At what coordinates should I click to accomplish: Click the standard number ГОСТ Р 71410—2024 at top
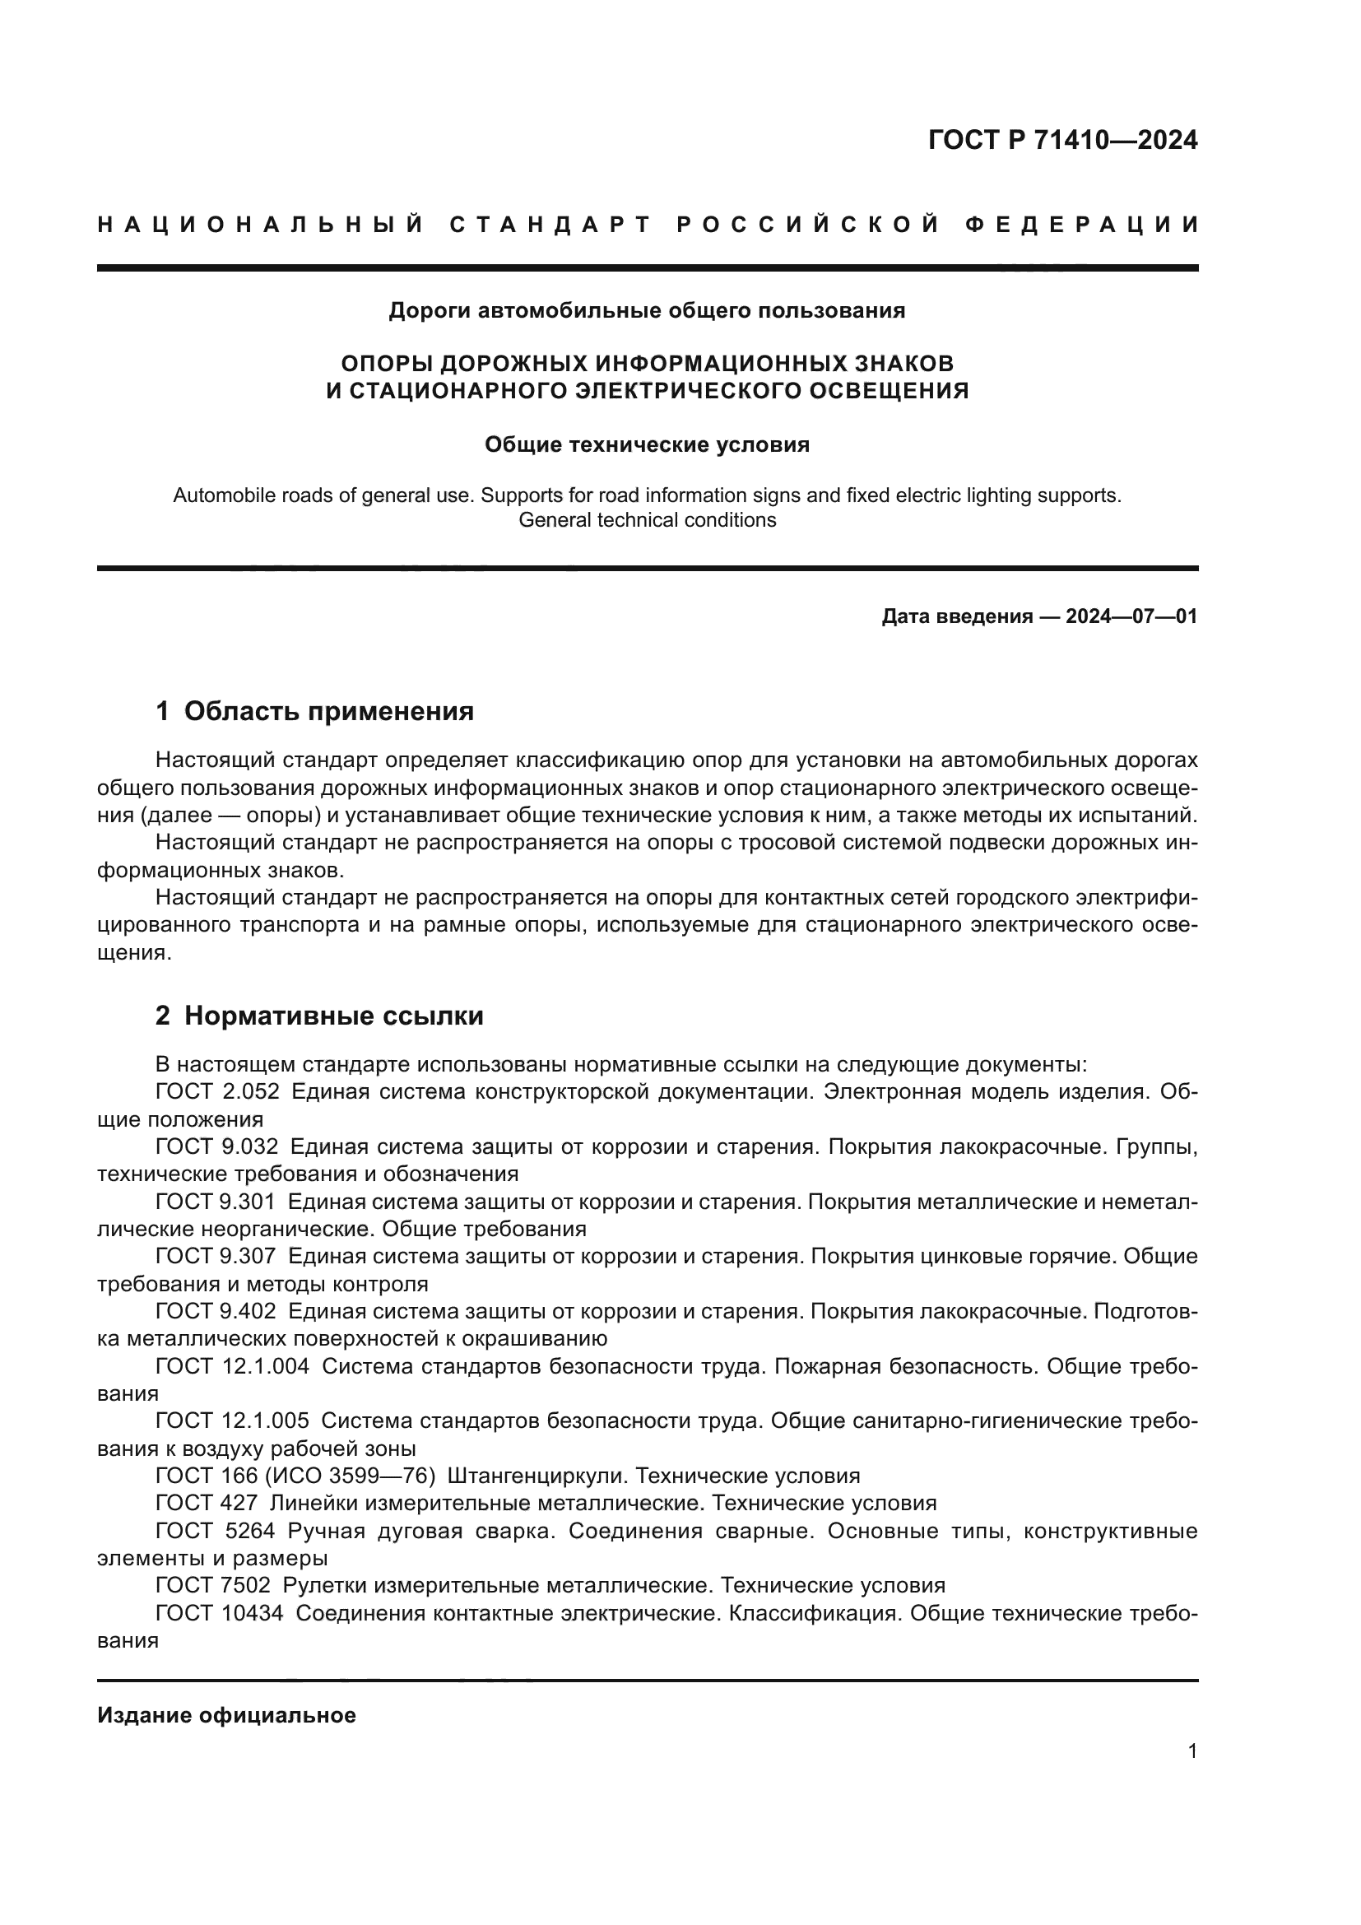1062,140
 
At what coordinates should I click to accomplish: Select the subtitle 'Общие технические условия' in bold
647,444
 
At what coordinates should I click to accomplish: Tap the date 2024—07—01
1131,617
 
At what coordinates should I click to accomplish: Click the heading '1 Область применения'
315,712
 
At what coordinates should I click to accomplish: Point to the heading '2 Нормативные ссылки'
319,1016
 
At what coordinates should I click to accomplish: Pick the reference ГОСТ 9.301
215,1202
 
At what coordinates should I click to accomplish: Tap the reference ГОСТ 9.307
216,1256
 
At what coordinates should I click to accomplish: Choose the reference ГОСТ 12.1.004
232,1367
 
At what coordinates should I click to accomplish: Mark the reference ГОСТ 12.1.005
232,1421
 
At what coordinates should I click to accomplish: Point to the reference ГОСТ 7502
213,1585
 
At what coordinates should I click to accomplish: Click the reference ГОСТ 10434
219,1613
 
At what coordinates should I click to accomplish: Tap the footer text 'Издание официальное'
226,1715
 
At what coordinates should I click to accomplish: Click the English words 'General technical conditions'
647,520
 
